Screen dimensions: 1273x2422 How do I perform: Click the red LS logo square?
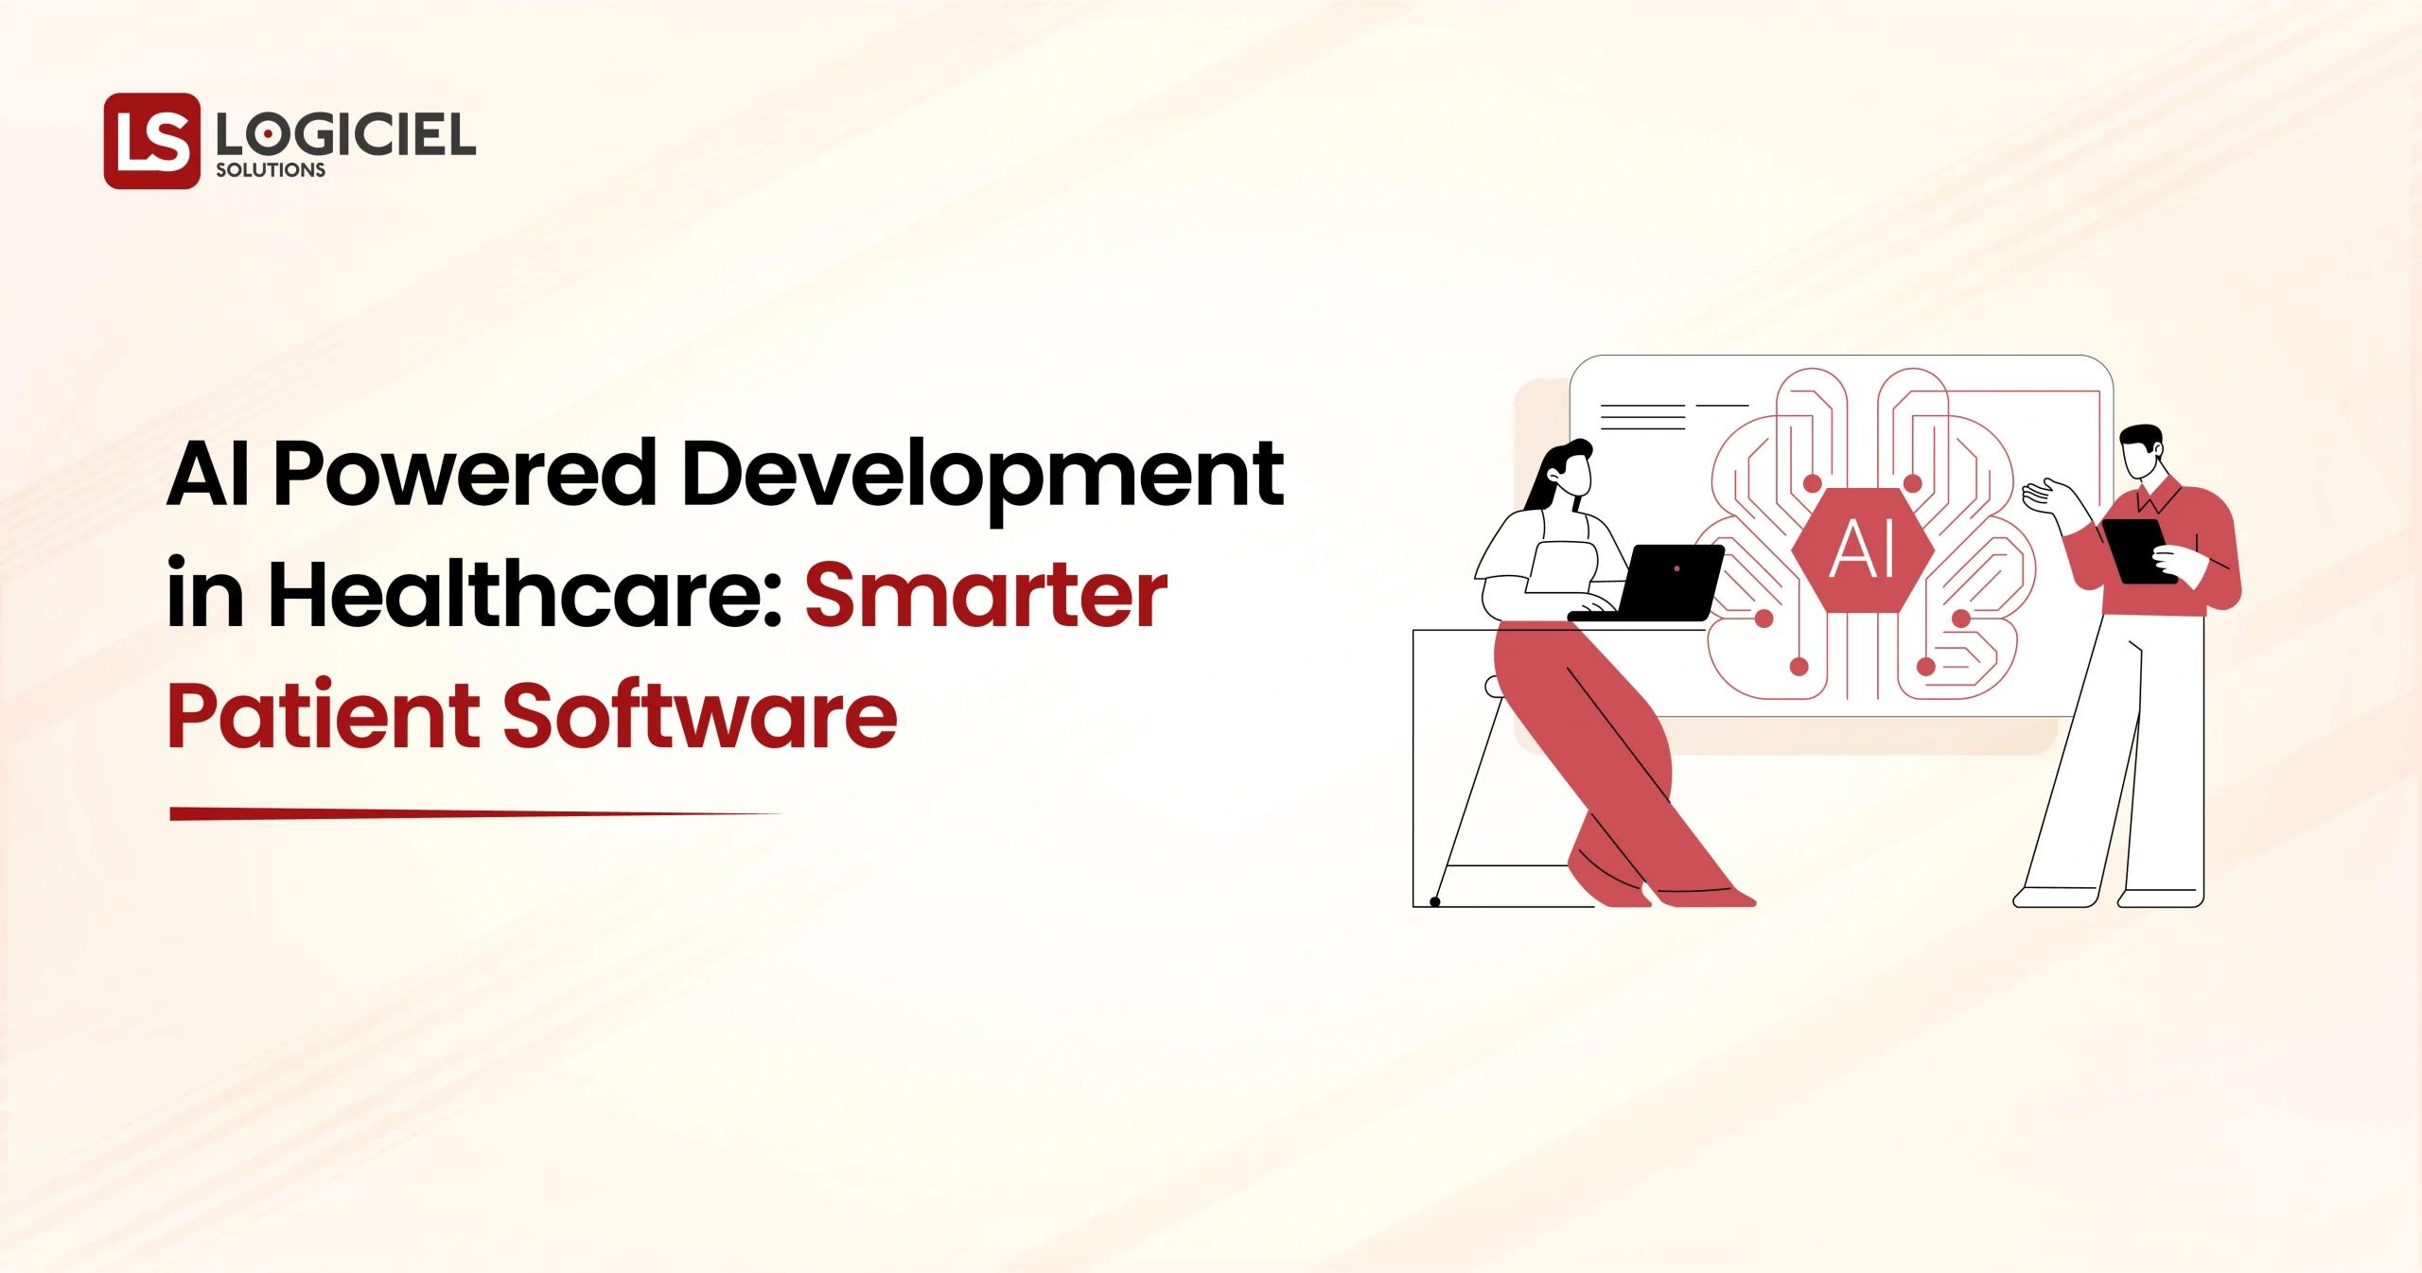point(152,140)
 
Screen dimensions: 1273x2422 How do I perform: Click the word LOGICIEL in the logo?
point(344,138)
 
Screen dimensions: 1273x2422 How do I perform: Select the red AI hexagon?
point(1862,549)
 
